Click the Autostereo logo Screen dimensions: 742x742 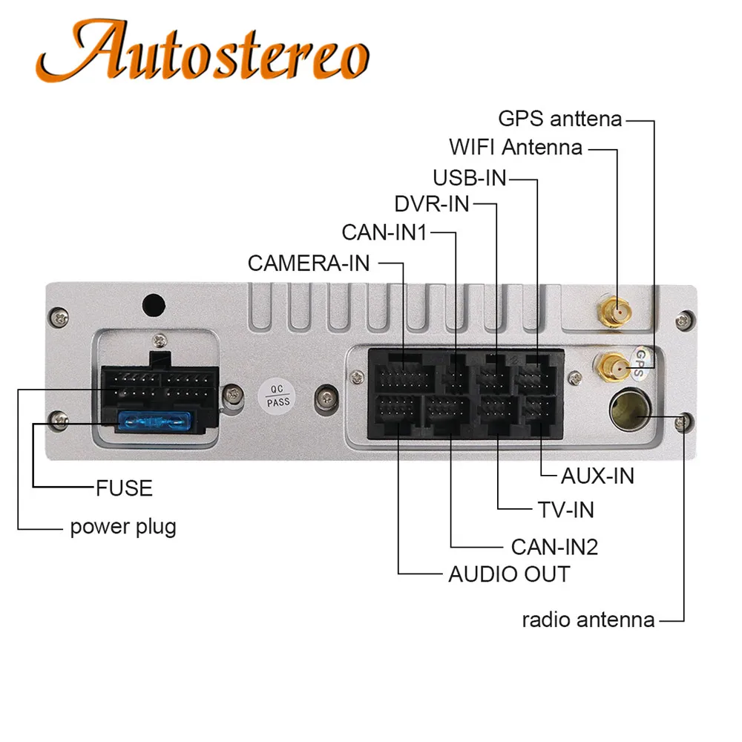(203, 51)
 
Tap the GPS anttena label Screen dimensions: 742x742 (559, 118)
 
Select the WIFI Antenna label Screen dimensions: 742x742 (516, 147)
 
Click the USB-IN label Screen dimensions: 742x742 (470, 178)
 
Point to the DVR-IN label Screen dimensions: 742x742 (432, 204)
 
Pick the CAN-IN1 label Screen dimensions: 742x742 (384, 232)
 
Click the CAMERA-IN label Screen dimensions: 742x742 (309, 263)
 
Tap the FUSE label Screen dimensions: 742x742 (124, 488)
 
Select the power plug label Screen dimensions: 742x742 (123, 527)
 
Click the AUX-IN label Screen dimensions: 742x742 (597, 476)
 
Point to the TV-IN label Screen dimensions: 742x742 (566, 510)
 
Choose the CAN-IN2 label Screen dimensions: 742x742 (554, 547)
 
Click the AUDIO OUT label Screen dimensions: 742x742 (509, 574)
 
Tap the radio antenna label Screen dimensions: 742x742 (588, 620)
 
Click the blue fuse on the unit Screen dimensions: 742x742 (154, 421)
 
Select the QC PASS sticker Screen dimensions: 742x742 (277, 396)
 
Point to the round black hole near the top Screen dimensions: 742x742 (154, 305)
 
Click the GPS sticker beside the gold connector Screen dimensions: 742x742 (642, 362)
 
